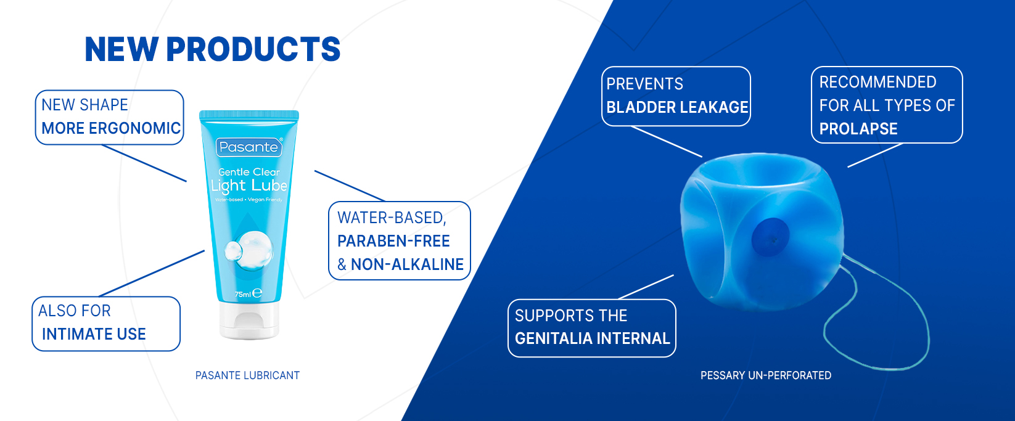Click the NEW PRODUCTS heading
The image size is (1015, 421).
(213, 49)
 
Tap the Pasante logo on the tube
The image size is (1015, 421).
(249, 147)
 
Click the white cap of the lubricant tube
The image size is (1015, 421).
(249, 321)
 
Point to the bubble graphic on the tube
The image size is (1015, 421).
(249, 251)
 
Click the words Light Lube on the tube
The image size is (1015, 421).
(249, 186)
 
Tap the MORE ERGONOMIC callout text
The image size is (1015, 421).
(111, 128)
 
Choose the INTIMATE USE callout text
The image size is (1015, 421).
(94, 334)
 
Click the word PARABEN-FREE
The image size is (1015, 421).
(393, 241)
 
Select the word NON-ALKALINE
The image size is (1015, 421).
(407, 264)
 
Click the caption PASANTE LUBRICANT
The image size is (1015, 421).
(247, 375)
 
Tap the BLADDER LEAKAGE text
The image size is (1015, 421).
(677, 107)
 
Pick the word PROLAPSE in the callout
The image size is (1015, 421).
(858, 129)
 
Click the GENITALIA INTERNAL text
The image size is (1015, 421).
(592, 338)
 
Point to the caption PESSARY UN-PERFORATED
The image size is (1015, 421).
(766, 375)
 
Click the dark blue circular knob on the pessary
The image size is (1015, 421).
(770, 237)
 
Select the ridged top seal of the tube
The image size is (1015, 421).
(249, 115)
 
